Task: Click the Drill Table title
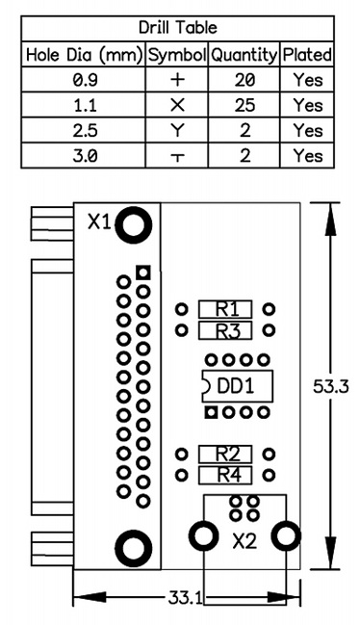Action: click(178, 28)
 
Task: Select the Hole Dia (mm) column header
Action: click(84, 55)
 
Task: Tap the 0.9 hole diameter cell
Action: click(85, 80)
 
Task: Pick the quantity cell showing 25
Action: click(244, 105)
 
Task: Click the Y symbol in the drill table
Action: click(177, 131)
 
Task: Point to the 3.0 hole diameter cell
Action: click(85, 156)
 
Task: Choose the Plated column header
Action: click(307, 55)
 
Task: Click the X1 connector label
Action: click(99, 222)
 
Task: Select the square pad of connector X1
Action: click(143, 273)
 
